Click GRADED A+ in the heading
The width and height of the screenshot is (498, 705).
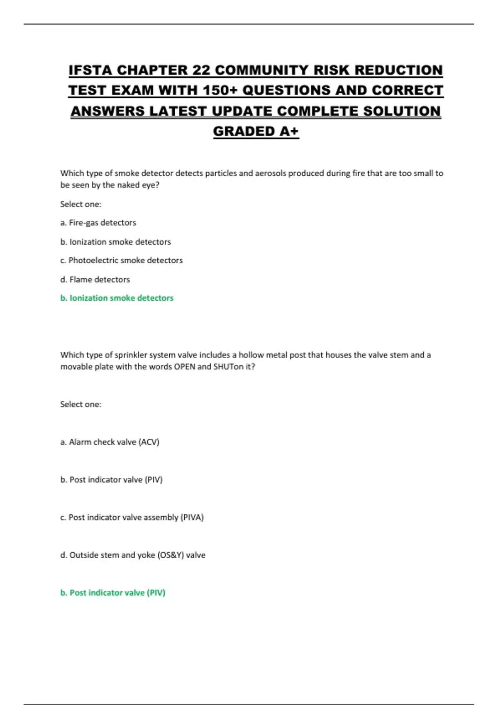pos(256,131)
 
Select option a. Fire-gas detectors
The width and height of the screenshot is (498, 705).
pos(98,223)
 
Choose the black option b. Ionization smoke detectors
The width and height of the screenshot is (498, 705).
pos(115,242)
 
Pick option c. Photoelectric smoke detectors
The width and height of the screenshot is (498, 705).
pos(121,260)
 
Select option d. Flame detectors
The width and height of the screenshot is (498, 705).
pos(95,280)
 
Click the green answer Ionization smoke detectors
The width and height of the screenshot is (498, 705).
pos(117,298)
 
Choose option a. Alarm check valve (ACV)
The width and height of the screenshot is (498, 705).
pos(110,442)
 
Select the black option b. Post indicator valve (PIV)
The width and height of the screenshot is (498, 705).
pos(111,480)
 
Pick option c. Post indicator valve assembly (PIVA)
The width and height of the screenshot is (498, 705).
pos(132,518)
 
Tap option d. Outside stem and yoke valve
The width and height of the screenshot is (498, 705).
pos(132,555)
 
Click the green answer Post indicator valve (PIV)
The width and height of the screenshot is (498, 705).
pos(112,593)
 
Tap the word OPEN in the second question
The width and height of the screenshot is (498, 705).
pos(184,367)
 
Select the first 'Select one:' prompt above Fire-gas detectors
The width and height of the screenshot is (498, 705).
pos(81,204)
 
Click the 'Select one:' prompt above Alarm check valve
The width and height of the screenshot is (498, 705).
pos(81,404)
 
